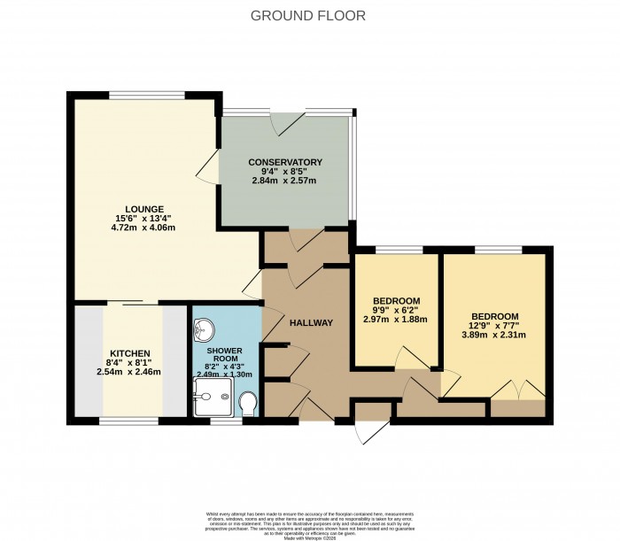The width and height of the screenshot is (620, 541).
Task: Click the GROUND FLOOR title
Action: pos(308,16)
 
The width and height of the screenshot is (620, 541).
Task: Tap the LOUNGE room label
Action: pos(143,209)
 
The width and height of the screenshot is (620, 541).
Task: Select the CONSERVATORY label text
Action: pos(284,162)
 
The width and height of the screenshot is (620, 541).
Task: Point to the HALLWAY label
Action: pos(311,322)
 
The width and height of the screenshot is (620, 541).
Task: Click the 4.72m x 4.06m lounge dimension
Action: pos(143,228)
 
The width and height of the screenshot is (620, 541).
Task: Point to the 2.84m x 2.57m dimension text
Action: pos(284,181)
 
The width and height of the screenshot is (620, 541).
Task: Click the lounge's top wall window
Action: pos(147,94)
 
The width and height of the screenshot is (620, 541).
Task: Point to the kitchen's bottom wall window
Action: pos(130,421)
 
